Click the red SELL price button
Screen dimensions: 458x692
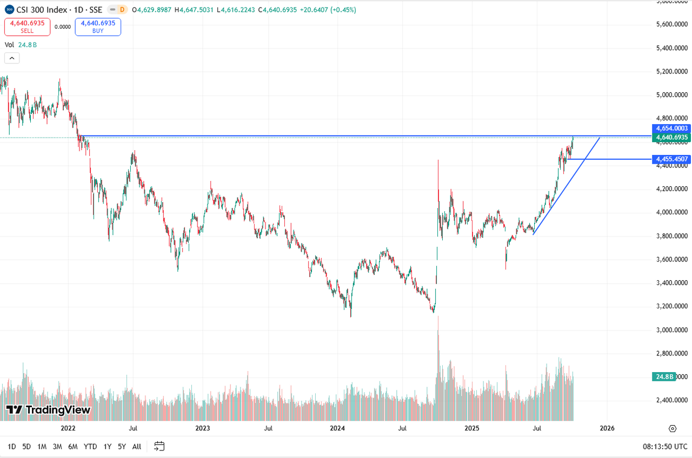point(27,27)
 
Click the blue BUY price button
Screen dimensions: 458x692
point(98,27)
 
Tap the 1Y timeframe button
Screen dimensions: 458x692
point(108,447)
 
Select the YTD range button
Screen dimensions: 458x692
point(90,447)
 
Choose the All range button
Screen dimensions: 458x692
point(137,447)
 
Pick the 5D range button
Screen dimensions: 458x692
point(26,447)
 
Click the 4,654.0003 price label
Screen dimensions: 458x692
point(672,129)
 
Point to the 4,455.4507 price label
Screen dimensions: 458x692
point(672,159)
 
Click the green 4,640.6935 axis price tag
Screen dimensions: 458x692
point(672,138)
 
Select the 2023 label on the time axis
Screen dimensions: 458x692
point(203,428)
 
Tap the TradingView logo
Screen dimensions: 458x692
point(48,410)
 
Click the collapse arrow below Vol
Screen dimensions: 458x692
point(12,58)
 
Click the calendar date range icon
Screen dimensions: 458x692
point(159,446)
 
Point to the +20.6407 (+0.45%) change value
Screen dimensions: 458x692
point(330,10)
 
